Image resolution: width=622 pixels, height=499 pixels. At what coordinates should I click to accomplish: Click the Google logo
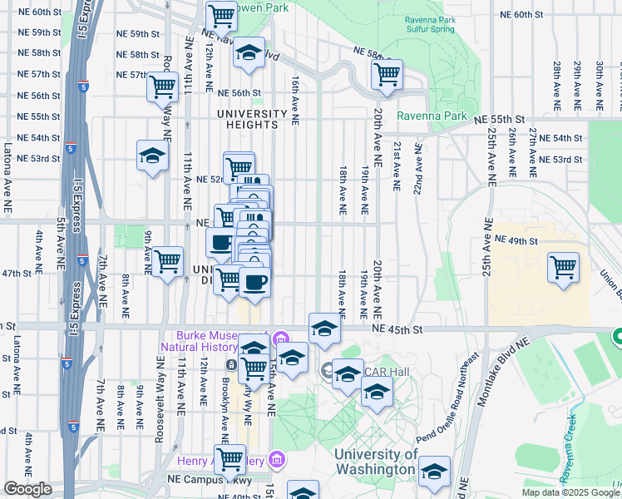click(27, 489)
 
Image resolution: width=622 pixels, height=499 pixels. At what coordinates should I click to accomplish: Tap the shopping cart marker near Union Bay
click(564, 267)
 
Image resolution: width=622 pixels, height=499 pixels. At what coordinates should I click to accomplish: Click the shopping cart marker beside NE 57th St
click(162, 86)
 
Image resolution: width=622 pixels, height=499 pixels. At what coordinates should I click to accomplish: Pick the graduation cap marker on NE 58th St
click(249, 52)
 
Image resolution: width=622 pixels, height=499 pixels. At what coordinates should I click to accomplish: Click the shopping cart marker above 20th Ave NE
click(387, 74)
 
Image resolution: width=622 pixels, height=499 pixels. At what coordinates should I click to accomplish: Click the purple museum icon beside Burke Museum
click(281, 338)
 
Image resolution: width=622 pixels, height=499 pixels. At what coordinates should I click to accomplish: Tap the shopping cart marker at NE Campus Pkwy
click(230, 460)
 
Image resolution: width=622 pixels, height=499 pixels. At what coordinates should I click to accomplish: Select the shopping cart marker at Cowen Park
click(221, 14)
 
